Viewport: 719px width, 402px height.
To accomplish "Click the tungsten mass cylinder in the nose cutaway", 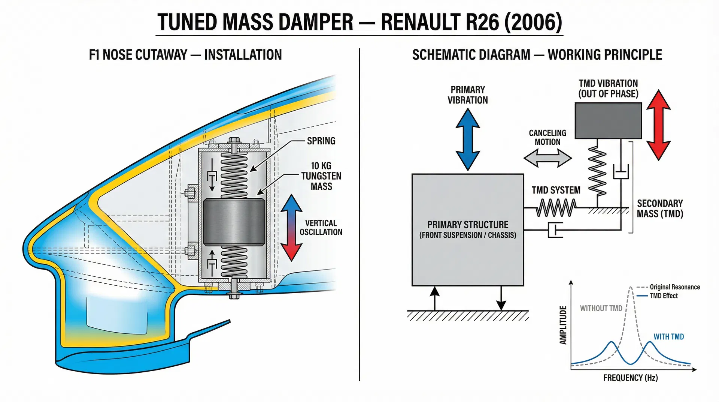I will point(234,222).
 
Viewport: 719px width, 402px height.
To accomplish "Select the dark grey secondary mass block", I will point(608,121).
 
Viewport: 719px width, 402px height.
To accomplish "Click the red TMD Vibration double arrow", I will point(658,125).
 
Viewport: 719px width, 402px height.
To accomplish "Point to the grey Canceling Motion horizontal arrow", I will point(547,158).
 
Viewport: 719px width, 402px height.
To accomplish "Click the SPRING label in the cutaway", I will point(321,141).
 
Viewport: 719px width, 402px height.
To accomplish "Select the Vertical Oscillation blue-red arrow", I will point(291,228).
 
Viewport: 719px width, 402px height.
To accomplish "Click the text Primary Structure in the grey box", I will point(468,225).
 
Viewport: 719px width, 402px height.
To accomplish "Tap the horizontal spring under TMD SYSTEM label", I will point(556,208).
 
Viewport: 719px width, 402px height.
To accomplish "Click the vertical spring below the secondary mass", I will point(597,171).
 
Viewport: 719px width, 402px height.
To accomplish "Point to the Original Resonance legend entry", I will point(674,287).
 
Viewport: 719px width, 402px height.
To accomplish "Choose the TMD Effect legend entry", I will point(663,296).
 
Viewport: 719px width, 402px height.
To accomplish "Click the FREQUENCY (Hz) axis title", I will point(630,378).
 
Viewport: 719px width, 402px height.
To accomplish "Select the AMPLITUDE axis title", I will point(563,325).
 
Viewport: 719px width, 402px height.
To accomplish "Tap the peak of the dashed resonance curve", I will point(631,288).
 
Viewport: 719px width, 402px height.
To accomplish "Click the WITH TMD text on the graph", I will point(668,337).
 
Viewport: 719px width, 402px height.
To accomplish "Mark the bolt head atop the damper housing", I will point(234,140).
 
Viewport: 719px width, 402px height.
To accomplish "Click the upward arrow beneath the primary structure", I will point(434,298).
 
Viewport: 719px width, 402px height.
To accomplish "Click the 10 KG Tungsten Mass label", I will point(321,176).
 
